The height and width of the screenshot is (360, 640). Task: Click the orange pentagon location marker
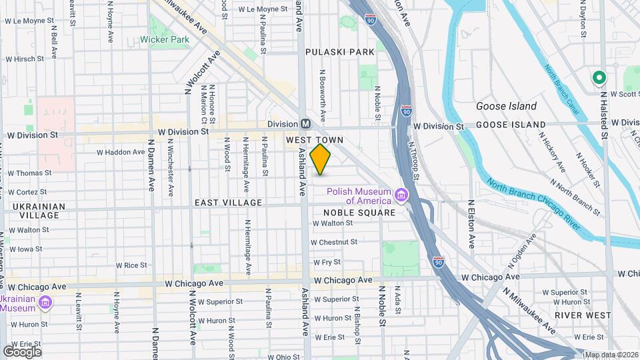[x=321, y=159]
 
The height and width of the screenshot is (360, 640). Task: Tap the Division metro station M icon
[x=305, y=124]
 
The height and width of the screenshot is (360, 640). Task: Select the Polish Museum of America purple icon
[x=401, y=195]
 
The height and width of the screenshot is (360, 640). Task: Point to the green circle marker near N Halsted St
[x=599, y=78]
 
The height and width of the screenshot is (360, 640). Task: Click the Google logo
[x=21, y=351]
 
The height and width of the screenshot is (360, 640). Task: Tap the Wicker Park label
[x=165, y=39]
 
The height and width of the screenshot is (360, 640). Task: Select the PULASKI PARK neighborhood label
[x=340, y=52]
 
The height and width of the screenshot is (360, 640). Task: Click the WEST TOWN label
[x=315, y=140]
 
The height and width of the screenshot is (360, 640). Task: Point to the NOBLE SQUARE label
[x=359, y=212]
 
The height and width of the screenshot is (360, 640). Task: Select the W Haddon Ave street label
[x=121, y=152]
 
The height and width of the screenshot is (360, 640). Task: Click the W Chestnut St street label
[x=334, y=242]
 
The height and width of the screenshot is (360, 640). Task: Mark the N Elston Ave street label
[x=471, y=225]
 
